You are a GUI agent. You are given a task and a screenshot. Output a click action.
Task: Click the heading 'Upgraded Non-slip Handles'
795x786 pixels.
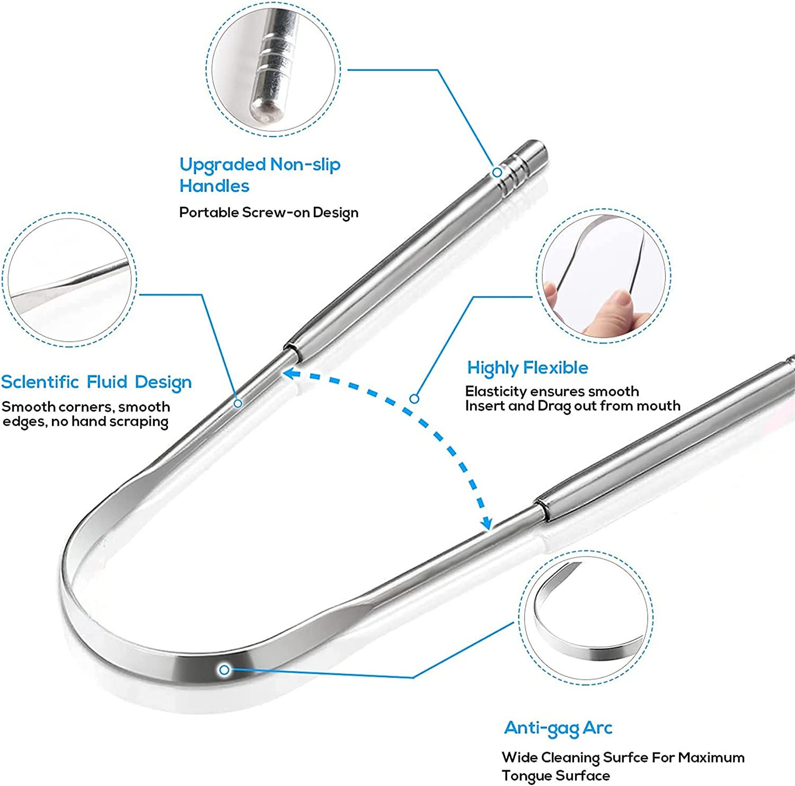tap(260, 175)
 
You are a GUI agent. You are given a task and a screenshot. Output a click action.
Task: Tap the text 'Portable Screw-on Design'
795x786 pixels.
tap(269, 213)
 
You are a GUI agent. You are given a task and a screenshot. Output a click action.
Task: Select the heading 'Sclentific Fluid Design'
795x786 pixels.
tap(96, 382)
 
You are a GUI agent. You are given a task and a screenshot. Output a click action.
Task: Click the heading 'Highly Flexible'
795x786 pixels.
tap(527, 368)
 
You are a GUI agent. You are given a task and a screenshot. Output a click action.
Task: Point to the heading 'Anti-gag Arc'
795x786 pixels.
tap(558, 728)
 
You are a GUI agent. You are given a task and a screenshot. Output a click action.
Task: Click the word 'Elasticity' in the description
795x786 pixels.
tap(496, 392)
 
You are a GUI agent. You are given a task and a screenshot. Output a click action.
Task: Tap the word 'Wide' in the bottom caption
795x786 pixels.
tap(519, 757)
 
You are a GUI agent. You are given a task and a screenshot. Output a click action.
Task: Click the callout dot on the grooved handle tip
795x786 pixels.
tap(497, 172)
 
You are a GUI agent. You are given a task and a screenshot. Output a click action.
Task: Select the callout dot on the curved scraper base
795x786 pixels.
tap(224, 670)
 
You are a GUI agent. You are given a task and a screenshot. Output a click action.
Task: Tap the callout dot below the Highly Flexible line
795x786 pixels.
tap(414, 399)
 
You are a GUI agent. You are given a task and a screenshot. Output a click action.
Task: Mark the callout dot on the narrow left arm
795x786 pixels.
tap(238, 403)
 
